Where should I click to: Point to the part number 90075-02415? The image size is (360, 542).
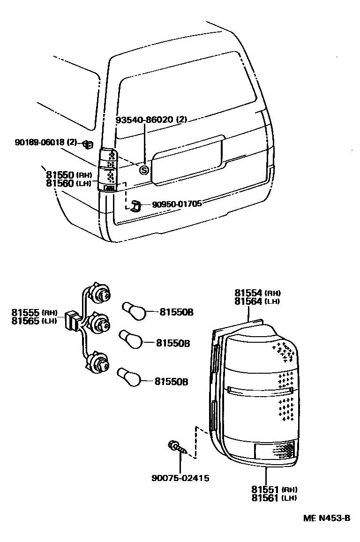click(x=180, y=478)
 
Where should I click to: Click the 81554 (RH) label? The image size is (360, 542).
click(x=257, y=293)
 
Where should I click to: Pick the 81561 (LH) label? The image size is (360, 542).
click(x=274, y=497)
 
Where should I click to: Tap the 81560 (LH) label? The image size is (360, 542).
click(x=68, y=183)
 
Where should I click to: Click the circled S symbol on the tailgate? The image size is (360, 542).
click(x=144, y=171)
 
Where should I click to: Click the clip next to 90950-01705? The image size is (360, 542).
click(x=136, y=205)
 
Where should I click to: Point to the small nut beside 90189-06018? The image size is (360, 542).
click(x=87, y=143)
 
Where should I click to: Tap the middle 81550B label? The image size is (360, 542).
click(x=172, y=343)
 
